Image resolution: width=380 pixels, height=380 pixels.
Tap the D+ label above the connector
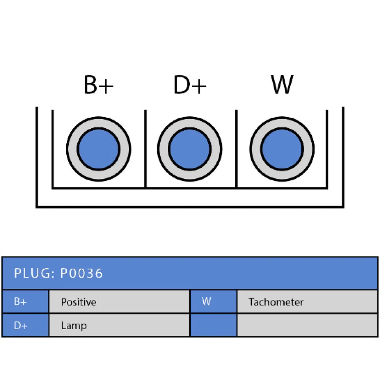tap(190, 85)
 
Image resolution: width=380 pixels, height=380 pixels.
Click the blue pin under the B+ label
tap(98, 149)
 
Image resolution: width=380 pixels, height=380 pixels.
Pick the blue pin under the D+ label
tap(190, 149)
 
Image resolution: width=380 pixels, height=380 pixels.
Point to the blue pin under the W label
tap(282, 149)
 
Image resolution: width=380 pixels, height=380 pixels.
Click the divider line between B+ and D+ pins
tap(145, 148)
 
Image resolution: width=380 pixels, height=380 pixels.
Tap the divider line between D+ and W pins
tap(236, 148)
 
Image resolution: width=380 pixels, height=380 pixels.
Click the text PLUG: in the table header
tap(35, 273)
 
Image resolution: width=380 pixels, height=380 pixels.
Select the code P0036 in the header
tap(81, 273)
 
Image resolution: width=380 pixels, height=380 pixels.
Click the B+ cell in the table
tap(26, 301)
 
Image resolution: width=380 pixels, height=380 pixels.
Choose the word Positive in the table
tap(79, 302)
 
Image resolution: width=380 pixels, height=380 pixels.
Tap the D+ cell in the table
tap(26, 325)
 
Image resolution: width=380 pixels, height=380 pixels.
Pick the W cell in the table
tap(213, 301)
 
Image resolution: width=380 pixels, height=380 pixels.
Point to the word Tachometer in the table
tap(276, 302)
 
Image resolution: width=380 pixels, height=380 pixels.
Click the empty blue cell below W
tap(213, 325)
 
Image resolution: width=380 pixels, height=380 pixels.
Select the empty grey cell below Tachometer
tap(307, 325)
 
